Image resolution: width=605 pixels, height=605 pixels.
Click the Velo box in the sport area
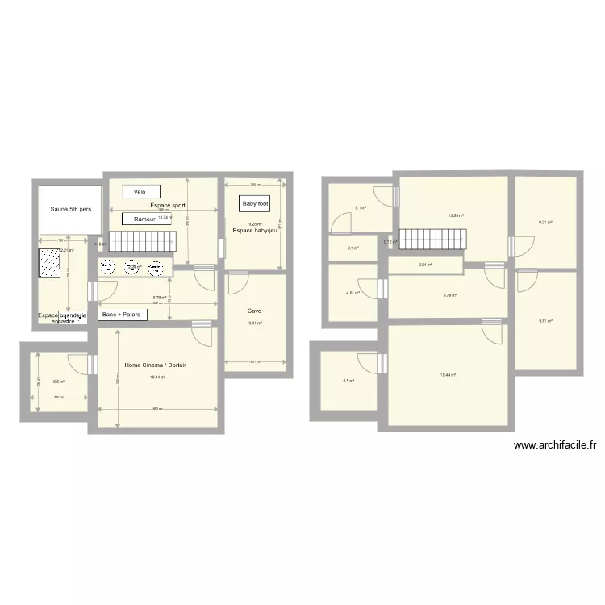140,192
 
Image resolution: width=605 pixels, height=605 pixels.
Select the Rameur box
144,219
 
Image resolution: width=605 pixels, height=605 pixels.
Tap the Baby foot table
255,204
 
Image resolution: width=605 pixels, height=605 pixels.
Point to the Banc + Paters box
122,315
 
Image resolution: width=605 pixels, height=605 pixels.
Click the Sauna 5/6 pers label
69,210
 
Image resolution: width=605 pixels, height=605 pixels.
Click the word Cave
254,310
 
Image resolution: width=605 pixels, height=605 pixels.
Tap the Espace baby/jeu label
254,231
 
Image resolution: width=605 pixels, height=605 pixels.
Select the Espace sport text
168,206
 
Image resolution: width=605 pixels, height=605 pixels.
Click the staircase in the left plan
142,240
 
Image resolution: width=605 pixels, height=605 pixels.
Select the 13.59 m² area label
456,215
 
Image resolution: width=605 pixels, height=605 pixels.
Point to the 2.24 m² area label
423,265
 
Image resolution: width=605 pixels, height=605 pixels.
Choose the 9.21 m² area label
544,222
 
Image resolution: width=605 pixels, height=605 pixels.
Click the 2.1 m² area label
353,248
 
